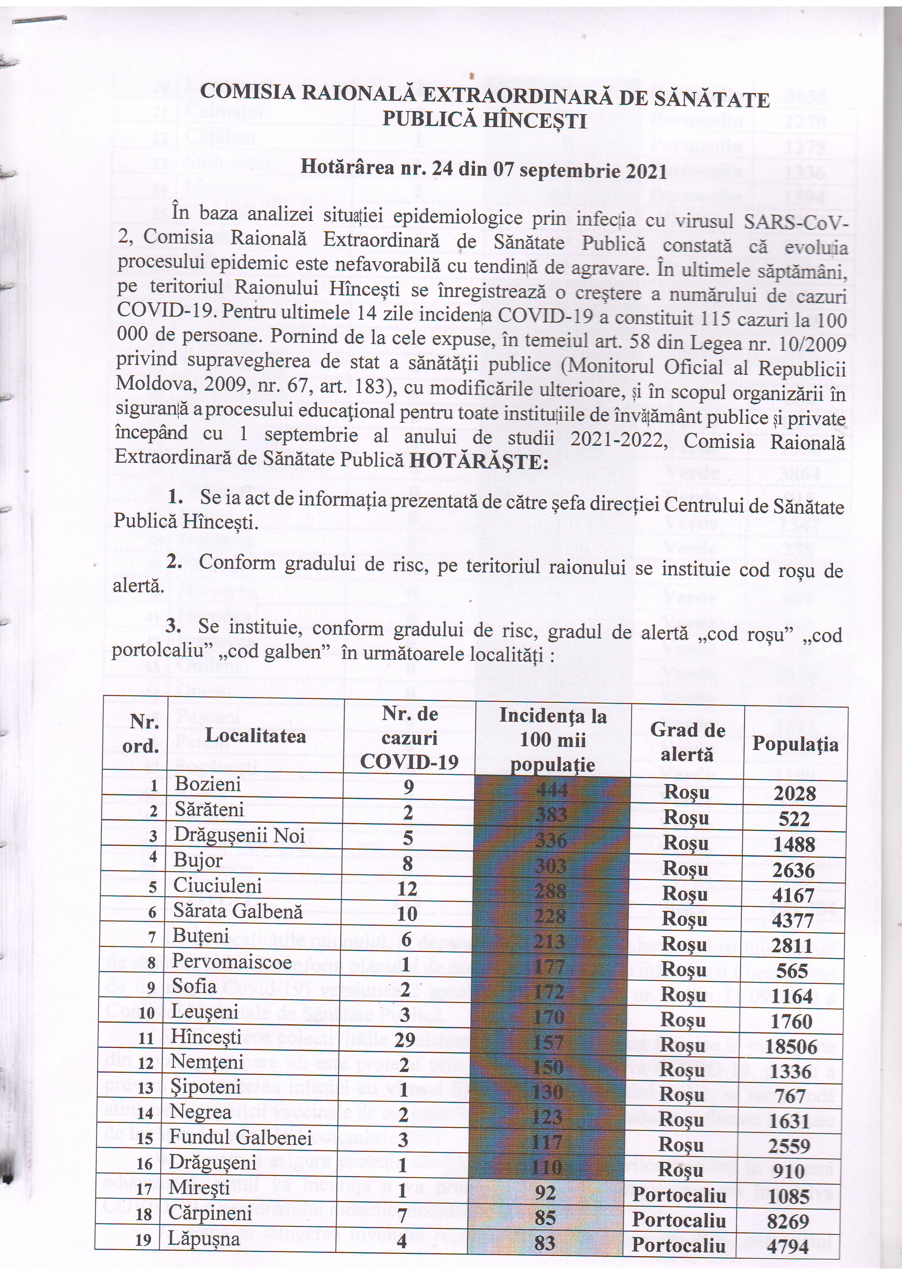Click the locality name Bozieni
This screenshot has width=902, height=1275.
tap(208, 784)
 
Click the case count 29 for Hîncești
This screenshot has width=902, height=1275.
tap(405, 1039)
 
